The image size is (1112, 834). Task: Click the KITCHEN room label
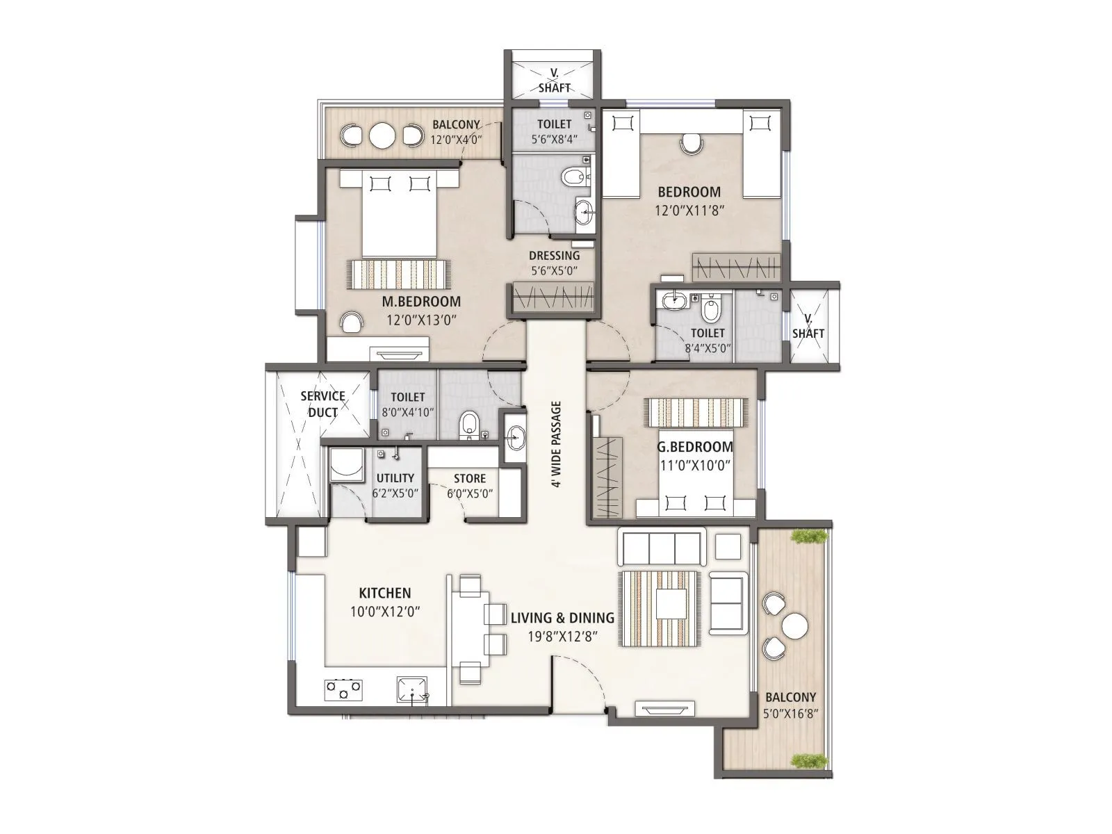(x=384, y=593)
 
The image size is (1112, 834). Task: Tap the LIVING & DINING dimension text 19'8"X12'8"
(x=562, y=636)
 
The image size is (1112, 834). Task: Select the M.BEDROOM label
(x=421, y=302)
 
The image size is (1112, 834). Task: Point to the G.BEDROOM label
(x=695, y=447)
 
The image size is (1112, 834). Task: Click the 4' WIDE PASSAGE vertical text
(x=557, y=444)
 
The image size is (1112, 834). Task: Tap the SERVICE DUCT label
(x=322, y=404)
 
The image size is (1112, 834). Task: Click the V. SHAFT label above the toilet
(x=554, y=81)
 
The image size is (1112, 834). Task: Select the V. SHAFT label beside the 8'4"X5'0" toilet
(x=808, y=326)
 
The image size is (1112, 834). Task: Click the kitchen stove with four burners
(x=343, y=689)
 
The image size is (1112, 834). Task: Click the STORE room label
(x=470, y=478)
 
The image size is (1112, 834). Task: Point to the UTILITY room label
(x=395, y=478)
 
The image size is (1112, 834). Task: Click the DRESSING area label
(x=554, y=255)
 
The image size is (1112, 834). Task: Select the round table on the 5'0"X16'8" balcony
(x=794, y=626)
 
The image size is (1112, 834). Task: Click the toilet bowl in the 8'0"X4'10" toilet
(x=470, y=424)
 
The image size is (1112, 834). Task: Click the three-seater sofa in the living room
(x=660, y=547)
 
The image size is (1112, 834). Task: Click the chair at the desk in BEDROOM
(x=691, y=144)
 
